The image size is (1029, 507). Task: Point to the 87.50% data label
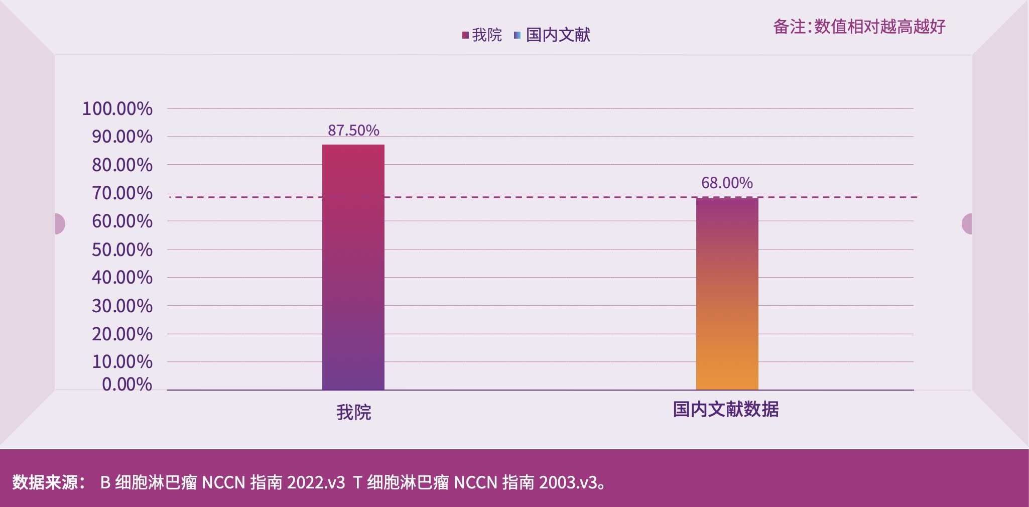coord(353,131)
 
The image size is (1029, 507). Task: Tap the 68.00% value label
coord(727,183)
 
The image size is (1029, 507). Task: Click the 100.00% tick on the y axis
coord(117,109)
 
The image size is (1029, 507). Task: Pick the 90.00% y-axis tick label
coord(122,137)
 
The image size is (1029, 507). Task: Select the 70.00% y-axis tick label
coord(122,193)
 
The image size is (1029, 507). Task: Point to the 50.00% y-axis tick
coord(122,250)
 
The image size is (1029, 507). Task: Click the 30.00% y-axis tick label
coord(122,306)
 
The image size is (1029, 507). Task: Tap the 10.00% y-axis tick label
coord(122,362)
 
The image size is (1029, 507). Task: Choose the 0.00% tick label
coord(127,385)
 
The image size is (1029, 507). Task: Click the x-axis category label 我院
coord(353,413)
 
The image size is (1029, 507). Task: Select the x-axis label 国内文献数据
coord(726,410)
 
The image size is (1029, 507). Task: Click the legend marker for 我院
coord(465,35)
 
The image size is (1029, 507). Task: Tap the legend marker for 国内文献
coord(518,35)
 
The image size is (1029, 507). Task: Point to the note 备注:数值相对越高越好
coord(859,27)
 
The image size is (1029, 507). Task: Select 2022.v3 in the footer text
coord(316,482)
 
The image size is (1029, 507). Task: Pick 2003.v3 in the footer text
coord(568,482)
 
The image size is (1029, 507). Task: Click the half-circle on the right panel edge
coord(967,224)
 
